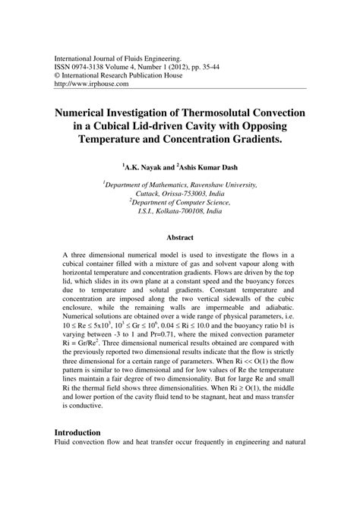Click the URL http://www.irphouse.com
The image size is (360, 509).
tap(84, 85)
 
